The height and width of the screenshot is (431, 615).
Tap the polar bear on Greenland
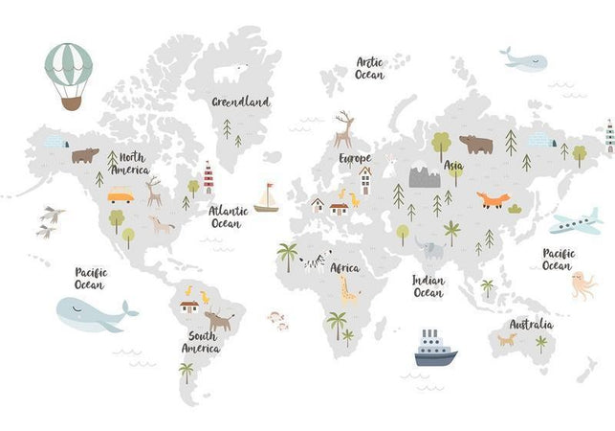pos(230,73)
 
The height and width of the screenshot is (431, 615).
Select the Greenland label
pos(241,101)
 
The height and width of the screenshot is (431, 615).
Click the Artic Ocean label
pos(370,69)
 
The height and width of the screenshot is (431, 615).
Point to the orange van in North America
pos(121,196)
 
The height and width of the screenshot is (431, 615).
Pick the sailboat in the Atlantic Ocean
pos(266,198)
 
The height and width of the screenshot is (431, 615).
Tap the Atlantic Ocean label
pos(229,217)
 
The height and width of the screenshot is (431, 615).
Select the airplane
pos(575,222)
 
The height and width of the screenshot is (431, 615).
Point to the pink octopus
pos(582,284)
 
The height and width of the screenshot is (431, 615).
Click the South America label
pos(202,343)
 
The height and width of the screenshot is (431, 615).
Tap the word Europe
pos(355,157)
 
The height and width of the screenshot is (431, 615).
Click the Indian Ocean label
pos(428,286)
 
